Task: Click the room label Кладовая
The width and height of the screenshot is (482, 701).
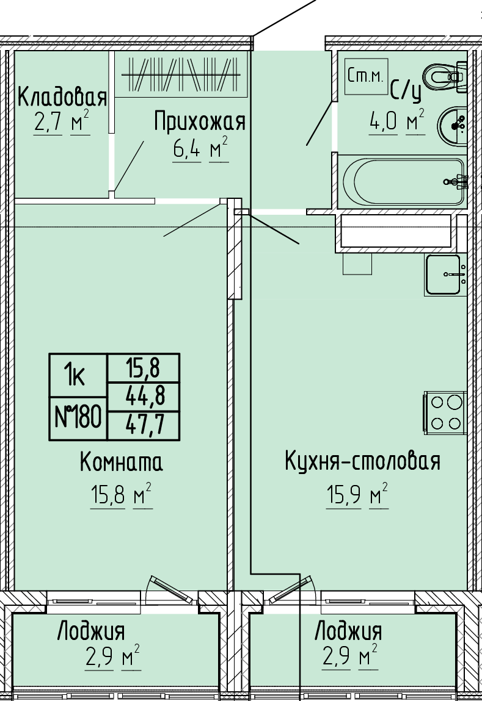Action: [x=62, y=96]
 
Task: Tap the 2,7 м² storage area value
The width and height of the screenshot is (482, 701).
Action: [x=62, y=121]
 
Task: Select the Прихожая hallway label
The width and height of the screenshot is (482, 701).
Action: [x=200, y=121]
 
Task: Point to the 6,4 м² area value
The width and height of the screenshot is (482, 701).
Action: [x=200, y=148]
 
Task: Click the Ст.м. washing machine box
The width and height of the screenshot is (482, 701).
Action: [x=366, y=76]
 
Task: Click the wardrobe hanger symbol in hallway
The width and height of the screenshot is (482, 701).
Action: [x=181, y=74]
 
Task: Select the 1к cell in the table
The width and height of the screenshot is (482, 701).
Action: [x=78, y=375]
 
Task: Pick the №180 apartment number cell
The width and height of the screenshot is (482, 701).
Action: [x=78, y=418]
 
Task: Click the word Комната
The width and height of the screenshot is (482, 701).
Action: [x=122, y=462]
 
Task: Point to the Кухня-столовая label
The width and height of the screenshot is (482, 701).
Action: [x=362, y=461]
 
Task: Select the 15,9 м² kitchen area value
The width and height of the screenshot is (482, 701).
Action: [x=357, y=495]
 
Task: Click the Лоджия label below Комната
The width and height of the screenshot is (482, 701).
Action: [x=91, y=631]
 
